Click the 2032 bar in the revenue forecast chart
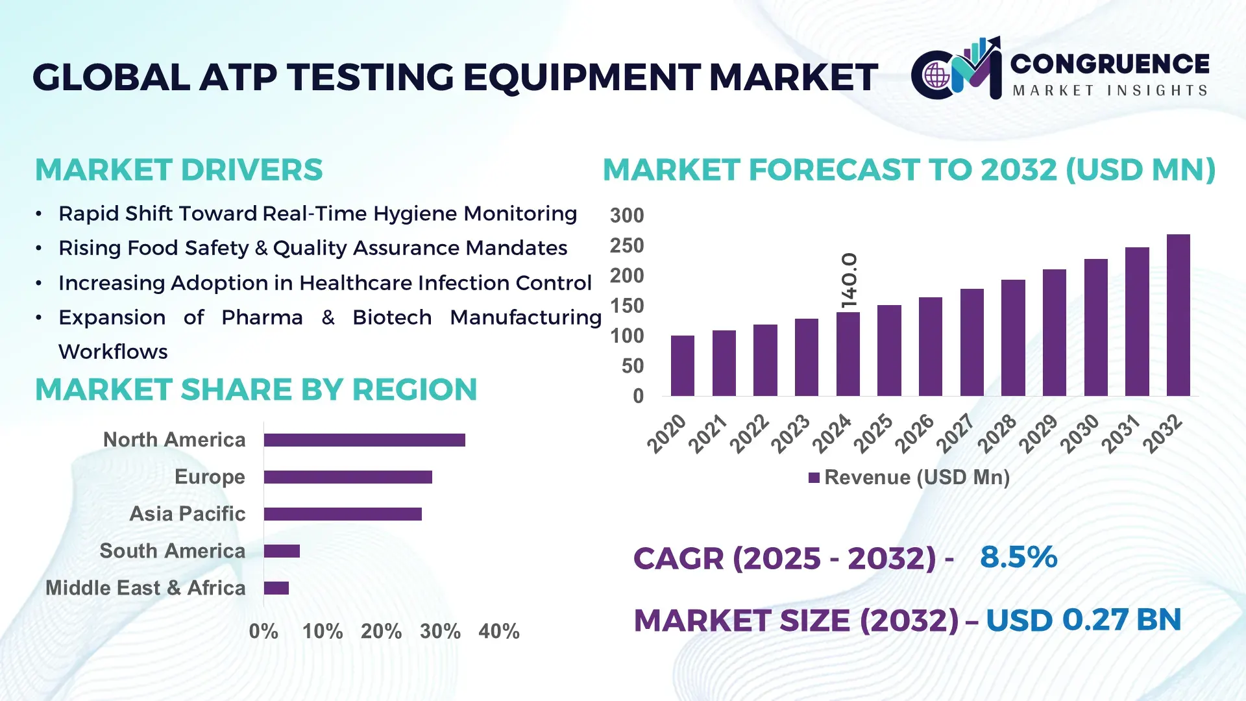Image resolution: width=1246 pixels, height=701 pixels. click(x=1178, y=315)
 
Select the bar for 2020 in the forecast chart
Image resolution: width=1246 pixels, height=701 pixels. click(x=682, y=366)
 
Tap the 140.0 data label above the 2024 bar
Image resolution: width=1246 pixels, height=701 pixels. click(x=849, y=280)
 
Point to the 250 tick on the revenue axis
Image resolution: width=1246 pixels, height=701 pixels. click(x=626, y=246)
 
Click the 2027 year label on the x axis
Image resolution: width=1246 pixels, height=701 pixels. click(x=955, y=433)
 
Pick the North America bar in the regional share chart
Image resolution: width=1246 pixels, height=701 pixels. click(x=364, y=440)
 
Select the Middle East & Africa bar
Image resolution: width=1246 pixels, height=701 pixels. click(x=276, y=588)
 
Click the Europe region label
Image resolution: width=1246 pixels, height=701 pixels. click(x=210, y=477)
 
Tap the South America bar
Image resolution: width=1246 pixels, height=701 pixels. click(x=282, y=551)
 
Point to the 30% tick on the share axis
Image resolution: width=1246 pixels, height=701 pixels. click(x=440, y=632)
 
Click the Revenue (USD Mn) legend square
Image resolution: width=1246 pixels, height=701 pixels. click(x=814, y=478)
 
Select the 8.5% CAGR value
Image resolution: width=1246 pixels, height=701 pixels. click(x=1018, y=558)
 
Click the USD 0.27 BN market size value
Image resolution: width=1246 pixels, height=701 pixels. click(x=1083, y=620)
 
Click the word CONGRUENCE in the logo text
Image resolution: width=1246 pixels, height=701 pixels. click(x=1110, y=64)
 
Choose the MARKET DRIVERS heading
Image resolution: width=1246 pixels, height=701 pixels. click(x=178, y=170)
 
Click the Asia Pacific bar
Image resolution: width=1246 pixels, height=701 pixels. click(x=343, y=514)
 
